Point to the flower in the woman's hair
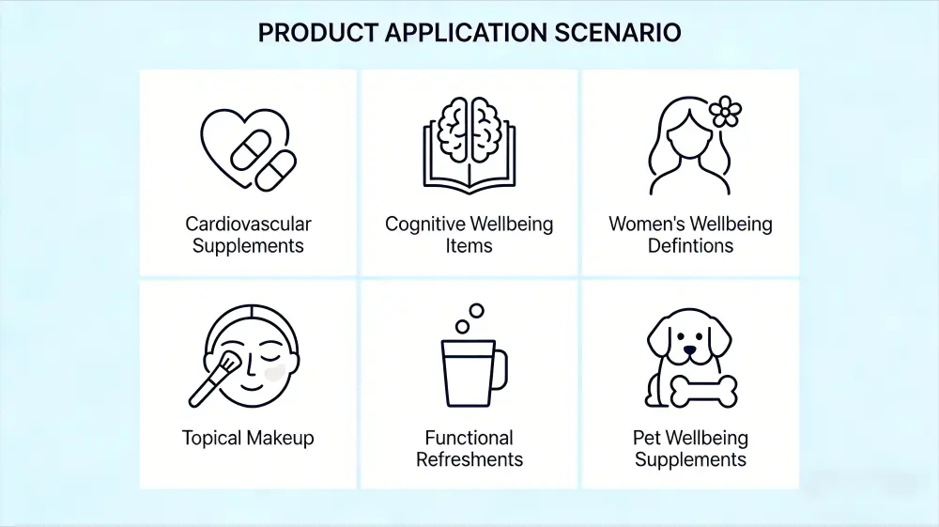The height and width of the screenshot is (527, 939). (x=725, y=112)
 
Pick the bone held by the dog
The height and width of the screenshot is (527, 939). (x=703, y=392)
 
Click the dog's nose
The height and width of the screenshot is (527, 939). (x=691, y=350)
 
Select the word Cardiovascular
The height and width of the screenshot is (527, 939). (x=248, y=225)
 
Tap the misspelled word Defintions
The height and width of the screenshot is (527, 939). (x=690, y=246)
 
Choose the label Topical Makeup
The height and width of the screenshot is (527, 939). (x=248, y=438)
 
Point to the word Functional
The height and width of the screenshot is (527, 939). (x=469, y=438)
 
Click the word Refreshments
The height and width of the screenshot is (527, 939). (x=469, y=459)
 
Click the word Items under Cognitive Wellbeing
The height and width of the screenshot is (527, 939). (x=469, y=246)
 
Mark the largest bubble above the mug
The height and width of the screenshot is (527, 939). (x=476, y=310)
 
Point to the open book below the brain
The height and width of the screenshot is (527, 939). (x=469, y=169)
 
